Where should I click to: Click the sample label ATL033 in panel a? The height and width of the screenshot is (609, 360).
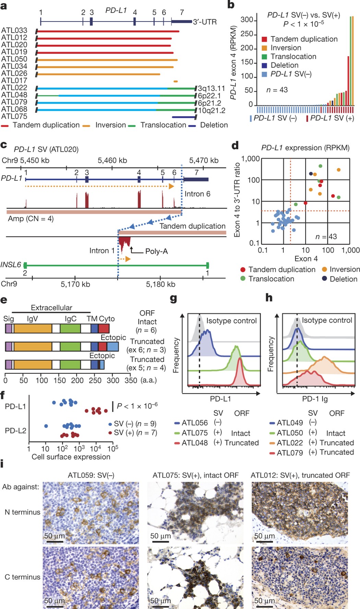click(14, 31)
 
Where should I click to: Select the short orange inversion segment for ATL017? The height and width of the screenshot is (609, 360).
click(176, 81)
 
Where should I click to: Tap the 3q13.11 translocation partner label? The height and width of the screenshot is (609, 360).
click(211, 89)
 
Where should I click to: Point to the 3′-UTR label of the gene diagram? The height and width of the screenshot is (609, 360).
click(205, 22)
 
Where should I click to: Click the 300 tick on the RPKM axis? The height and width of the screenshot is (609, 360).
click(247, 20)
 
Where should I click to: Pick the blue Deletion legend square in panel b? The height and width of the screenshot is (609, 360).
click(264, 66)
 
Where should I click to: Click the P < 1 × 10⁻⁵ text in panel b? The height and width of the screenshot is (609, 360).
click(303, 24)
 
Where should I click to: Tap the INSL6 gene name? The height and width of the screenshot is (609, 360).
click(11, 265)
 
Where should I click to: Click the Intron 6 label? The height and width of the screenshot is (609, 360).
click(197, 194)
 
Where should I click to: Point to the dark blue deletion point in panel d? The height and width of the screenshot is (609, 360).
click(311, 174)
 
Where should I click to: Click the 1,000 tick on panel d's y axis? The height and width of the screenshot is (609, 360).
click(250, 159)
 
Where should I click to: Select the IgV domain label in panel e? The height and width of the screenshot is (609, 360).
click(32, 319)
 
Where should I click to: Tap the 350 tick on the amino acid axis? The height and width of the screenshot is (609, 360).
click(131, 380)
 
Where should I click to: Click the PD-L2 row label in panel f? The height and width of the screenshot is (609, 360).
click(15, 431)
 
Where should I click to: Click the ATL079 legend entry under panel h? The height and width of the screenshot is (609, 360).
click(290, 453)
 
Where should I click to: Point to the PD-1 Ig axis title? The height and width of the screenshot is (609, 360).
click(315, 399)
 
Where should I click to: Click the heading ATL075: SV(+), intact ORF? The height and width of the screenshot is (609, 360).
click(195, 475)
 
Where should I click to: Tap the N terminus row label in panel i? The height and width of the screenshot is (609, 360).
click(22, 512)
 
